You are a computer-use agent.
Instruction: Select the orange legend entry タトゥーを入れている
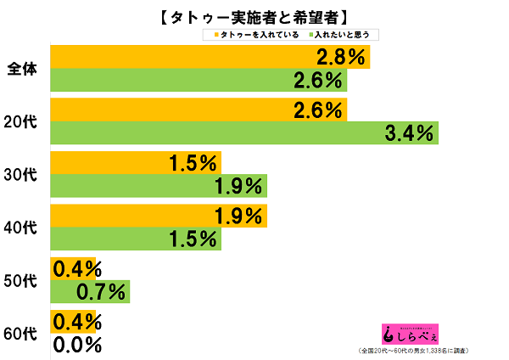tap(256, 35)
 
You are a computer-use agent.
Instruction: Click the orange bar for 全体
tap(178, 58)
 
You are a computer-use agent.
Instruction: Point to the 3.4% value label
tap(410, 133)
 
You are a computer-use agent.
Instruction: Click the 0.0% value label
tap(77, 346)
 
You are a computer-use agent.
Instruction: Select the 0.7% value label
tap(101, 293)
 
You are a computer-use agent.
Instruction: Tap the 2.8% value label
tap(341, 58)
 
